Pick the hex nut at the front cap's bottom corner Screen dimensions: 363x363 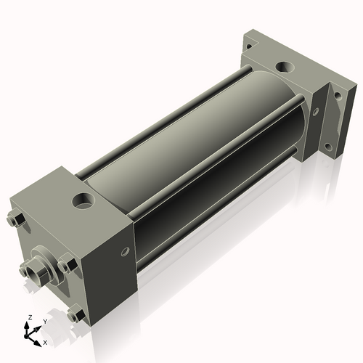(74, 314)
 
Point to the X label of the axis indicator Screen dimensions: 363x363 (46, 341)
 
